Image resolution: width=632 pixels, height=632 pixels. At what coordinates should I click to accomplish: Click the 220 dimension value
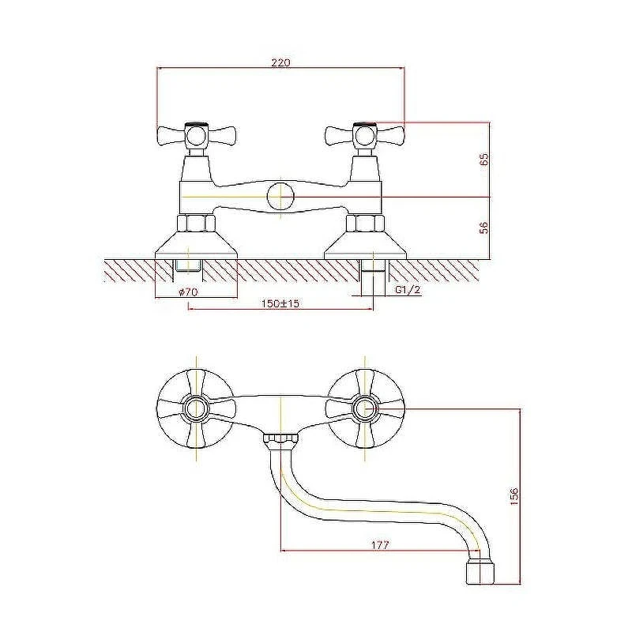(x=280, y=62)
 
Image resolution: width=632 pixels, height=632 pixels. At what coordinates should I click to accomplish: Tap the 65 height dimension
(x=484, y=159)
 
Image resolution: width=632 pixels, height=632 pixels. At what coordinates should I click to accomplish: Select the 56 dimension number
(x=484, y=228)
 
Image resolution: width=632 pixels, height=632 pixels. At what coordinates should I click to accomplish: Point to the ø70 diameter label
(x=187, y=292)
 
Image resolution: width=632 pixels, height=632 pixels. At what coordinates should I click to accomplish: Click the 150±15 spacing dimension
(x=280, y=303)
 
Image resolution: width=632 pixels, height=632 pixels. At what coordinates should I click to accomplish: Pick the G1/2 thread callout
(x=408, y=290)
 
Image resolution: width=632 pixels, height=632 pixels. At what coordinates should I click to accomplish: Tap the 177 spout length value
(x=380, y=545)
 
